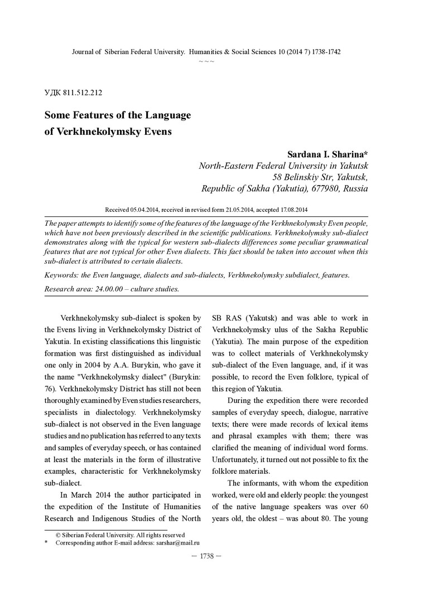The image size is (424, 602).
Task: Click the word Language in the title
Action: [x=166, y=115]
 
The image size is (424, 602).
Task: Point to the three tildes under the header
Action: [x=206, y=60]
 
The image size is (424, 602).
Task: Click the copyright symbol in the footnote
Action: [x=58, y=535]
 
